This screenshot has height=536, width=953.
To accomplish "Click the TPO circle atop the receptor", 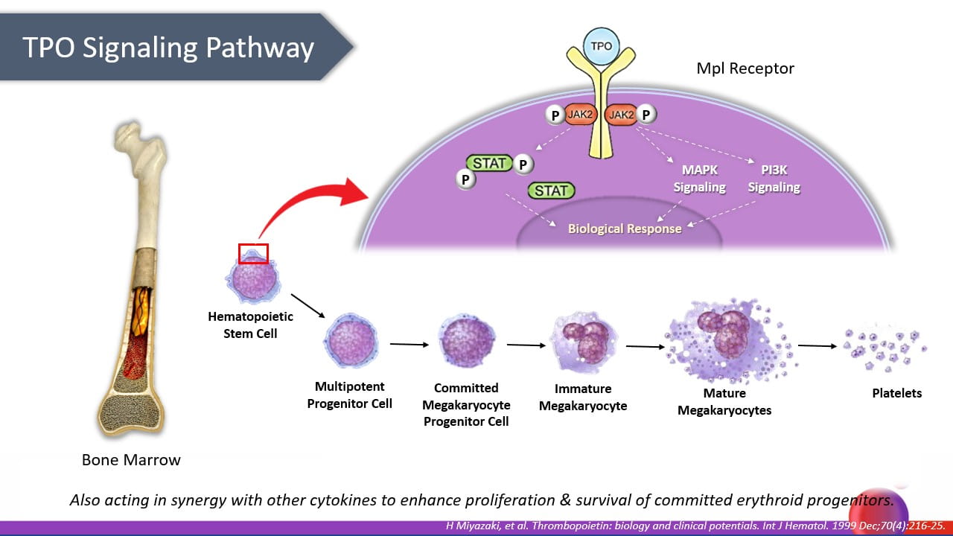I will (601, 45).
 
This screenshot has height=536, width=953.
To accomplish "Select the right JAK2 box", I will (620, 115).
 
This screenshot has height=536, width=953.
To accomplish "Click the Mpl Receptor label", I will (745, 68).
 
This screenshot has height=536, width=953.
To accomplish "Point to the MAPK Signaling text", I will (699, 179).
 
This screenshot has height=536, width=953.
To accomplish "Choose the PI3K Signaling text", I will (774, 179).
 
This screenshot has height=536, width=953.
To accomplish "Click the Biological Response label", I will (625, 229).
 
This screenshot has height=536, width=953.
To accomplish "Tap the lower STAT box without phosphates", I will (551, 191).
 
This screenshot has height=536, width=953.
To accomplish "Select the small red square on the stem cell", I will (253, 253).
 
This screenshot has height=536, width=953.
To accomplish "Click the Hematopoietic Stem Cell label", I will (250, 325).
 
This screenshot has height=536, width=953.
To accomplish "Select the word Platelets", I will (896, 393).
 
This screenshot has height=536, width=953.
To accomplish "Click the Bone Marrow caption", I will (131, 460).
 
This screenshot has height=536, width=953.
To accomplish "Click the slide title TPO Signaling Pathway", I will (168, 47).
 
